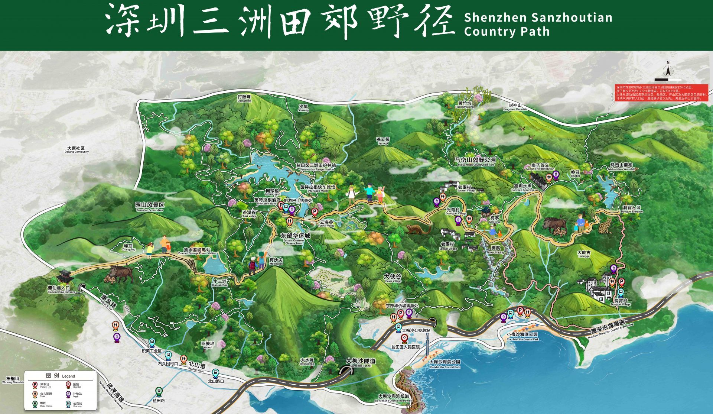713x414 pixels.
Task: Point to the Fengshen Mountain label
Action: (x=515, y=107)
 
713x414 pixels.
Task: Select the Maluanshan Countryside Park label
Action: (x=475, y=161)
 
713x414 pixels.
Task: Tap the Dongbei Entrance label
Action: (x=631, y=209)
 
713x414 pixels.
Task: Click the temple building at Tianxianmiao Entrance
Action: (x=65, y=277)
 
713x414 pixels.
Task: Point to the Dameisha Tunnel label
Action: (x=361, y=362)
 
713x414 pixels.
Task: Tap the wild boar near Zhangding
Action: (x=120, y=274)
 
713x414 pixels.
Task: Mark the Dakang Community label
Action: (x=77, y=150)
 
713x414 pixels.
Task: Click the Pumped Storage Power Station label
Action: (x=197, y=251)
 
